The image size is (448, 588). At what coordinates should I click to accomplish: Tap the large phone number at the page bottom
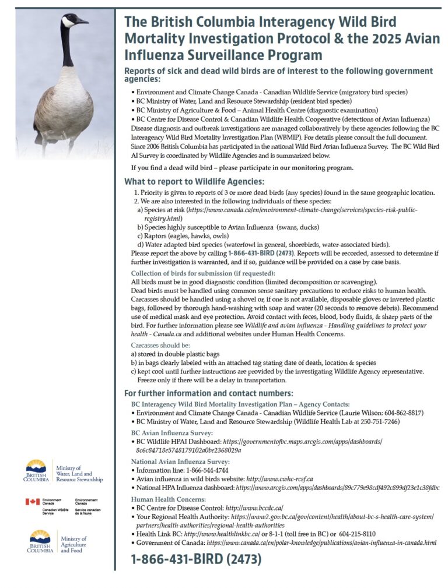click(196, 559)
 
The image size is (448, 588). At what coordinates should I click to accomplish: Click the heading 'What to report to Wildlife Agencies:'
click(194, 182)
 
